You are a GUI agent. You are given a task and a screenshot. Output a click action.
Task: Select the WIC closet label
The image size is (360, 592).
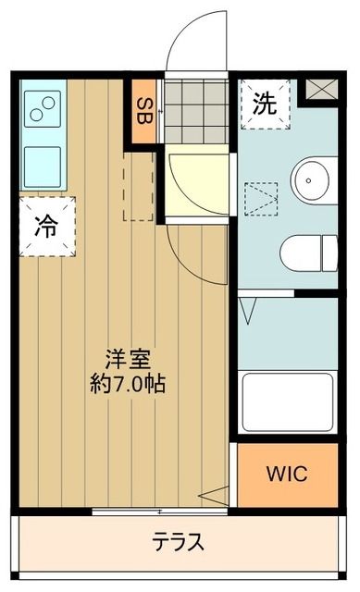[287, 474]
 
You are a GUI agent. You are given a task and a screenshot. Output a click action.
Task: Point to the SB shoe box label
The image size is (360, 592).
[145, 111]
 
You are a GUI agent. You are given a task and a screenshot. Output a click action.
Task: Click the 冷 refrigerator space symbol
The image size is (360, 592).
[44, 224]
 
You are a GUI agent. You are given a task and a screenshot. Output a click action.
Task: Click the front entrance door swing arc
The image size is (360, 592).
[198, 42]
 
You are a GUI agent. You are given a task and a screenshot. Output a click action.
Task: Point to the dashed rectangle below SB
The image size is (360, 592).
[139, 185]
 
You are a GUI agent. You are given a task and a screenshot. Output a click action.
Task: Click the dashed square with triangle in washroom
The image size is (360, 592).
[260, 198]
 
